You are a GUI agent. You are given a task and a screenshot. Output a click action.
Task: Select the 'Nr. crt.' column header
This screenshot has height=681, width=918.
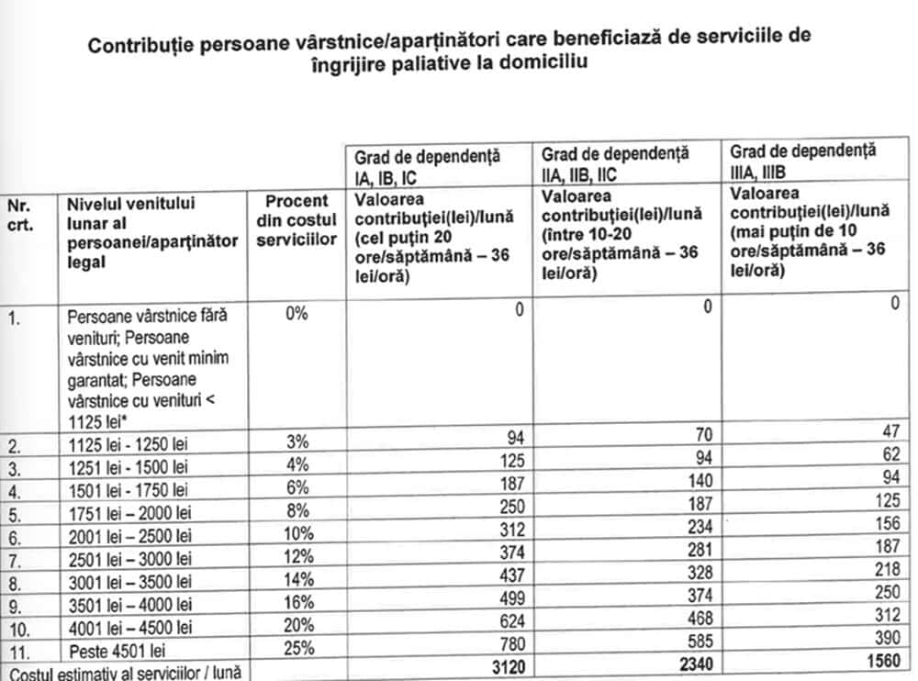tap(20, 214)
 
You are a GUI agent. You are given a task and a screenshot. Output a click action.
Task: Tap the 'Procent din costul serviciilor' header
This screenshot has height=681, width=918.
tap(297, 219)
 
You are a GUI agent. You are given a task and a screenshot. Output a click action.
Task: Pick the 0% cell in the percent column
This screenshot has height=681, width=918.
tap(297, 313)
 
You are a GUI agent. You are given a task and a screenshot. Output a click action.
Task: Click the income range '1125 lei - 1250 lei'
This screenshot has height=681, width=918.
tap(129, 445)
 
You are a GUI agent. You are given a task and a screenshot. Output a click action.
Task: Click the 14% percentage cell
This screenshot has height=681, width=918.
tap(297, 578)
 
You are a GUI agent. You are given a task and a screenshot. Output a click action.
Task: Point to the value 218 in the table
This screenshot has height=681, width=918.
tap(887, 576)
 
